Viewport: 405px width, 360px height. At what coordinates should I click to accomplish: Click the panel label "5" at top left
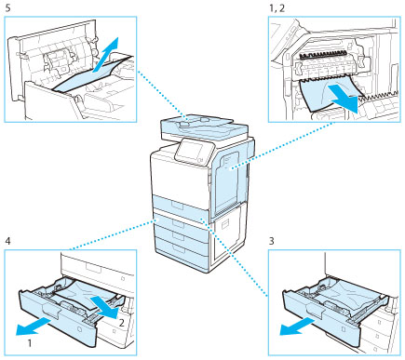click(7, 8)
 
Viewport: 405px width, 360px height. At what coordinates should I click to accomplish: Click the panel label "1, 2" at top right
click(277, 8)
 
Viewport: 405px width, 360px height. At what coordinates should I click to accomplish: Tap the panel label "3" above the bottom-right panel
click(272, 241)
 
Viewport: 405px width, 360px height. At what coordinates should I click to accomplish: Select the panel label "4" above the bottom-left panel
click(8, 241)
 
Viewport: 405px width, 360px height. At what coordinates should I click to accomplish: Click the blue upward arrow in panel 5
click(106, 55)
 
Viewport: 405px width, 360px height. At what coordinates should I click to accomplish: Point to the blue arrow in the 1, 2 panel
click(344, 96)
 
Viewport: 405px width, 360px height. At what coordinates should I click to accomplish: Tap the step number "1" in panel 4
click(30, 343)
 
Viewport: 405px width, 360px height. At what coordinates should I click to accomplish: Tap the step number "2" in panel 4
click(122, 323)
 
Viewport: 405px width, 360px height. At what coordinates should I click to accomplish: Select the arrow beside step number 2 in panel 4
click(104, 307)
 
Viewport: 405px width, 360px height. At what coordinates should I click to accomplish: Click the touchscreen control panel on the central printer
click(190, 152)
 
